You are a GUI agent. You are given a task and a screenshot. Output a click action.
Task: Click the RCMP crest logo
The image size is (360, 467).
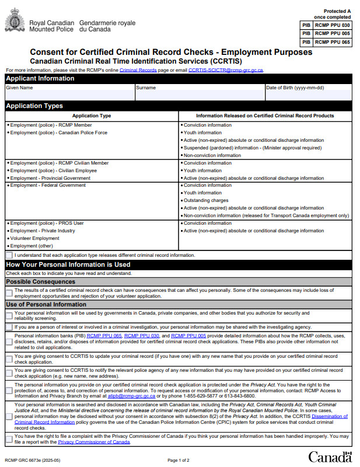tap(15, 23)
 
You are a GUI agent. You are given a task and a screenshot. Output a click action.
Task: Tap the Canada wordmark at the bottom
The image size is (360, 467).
tap(330, 456)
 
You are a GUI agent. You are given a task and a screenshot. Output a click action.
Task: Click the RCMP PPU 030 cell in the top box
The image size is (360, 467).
tap(333, 25)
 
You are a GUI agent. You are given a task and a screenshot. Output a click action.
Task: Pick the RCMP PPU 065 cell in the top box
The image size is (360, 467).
tap(333, 42)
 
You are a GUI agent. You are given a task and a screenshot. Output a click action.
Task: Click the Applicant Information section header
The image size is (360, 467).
tap(40, 79)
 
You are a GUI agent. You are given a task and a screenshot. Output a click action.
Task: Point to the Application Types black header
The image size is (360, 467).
tap(34, 106)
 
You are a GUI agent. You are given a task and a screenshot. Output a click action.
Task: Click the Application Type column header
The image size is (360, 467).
tap(92, 116)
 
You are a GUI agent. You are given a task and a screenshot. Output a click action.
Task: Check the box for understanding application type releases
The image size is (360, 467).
tap(9, 255)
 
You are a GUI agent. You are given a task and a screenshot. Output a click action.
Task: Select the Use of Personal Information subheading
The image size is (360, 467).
tap(46, 305)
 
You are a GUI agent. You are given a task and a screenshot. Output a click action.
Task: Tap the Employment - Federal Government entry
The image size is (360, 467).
tap(48, 185)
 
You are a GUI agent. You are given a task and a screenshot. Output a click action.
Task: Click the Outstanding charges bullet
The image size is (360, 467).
tap(208, 200)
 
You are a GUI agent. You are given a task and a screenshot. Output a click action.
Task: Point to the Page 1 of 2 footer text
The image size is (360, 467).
tap(179, 461)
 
